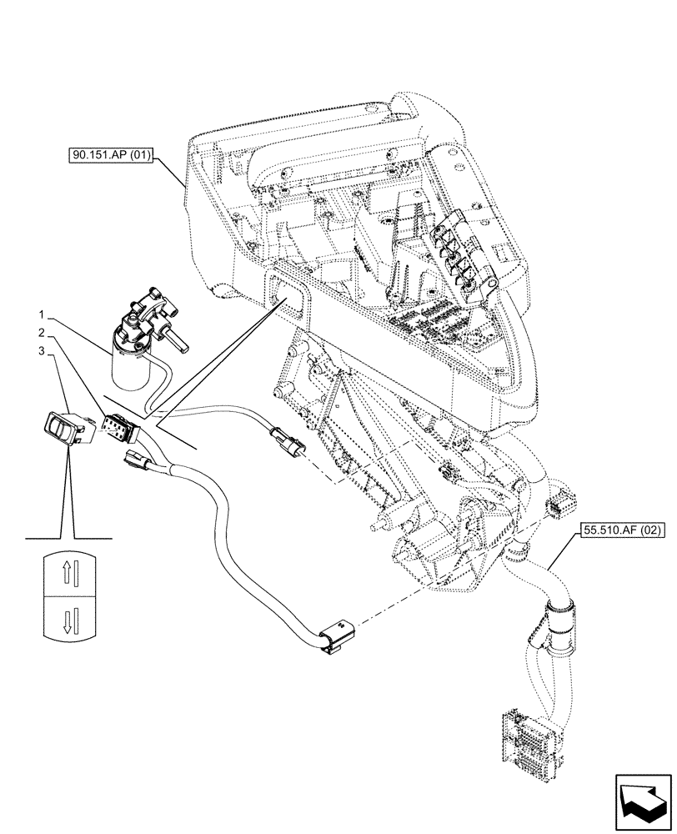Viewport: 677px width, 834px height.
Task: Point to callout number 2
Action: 40,334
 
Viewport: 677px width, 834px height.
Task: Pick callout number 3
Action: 40,351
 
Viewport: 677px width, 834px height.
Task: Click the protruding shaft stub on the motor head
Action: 176,339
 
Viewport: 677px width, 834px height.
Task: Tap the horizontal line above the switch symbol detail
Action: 68,540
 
